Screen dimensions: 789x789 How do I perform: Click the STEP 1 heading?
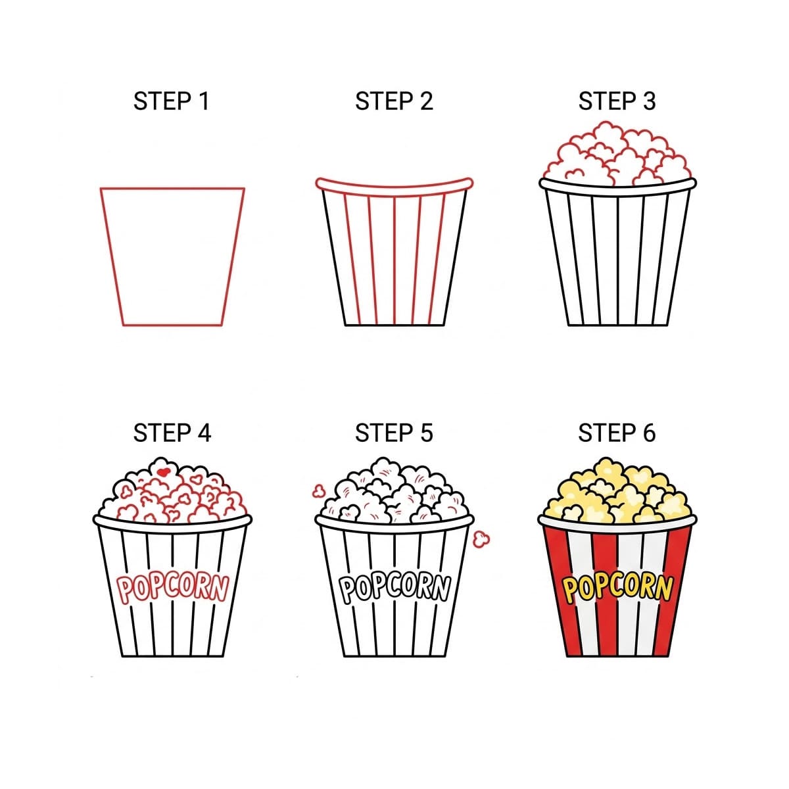click(x=171, y=102)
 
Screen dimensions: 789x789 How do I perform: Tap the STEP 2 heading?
click(x=394, y=102)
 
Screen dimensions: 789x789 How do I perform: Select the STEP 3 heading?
click(x=617, y=102)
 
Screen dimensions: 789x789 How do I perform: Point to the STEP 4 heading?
click(x=172, y=433)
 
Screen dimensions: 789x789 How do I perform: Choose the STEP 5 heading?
click(x=394, y=433)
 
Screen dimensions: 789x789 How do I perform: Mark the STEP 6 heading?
click(x=617, y=433)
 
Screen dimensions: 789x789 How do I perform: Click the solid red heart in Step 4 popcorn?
click(x=164, y=471)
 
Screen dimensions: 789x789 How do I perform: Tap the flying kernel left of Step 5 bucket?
click(x=318, y=490)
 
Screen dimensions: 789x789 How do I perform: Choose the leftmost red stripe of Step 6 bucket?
click(x=558, y=592)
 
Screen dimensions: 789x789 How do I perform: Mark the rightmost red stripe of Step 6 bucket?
click(x=675, y=592)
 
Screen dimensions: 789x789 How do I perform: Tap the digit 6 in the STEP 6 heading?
click(x=648, y=433)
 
